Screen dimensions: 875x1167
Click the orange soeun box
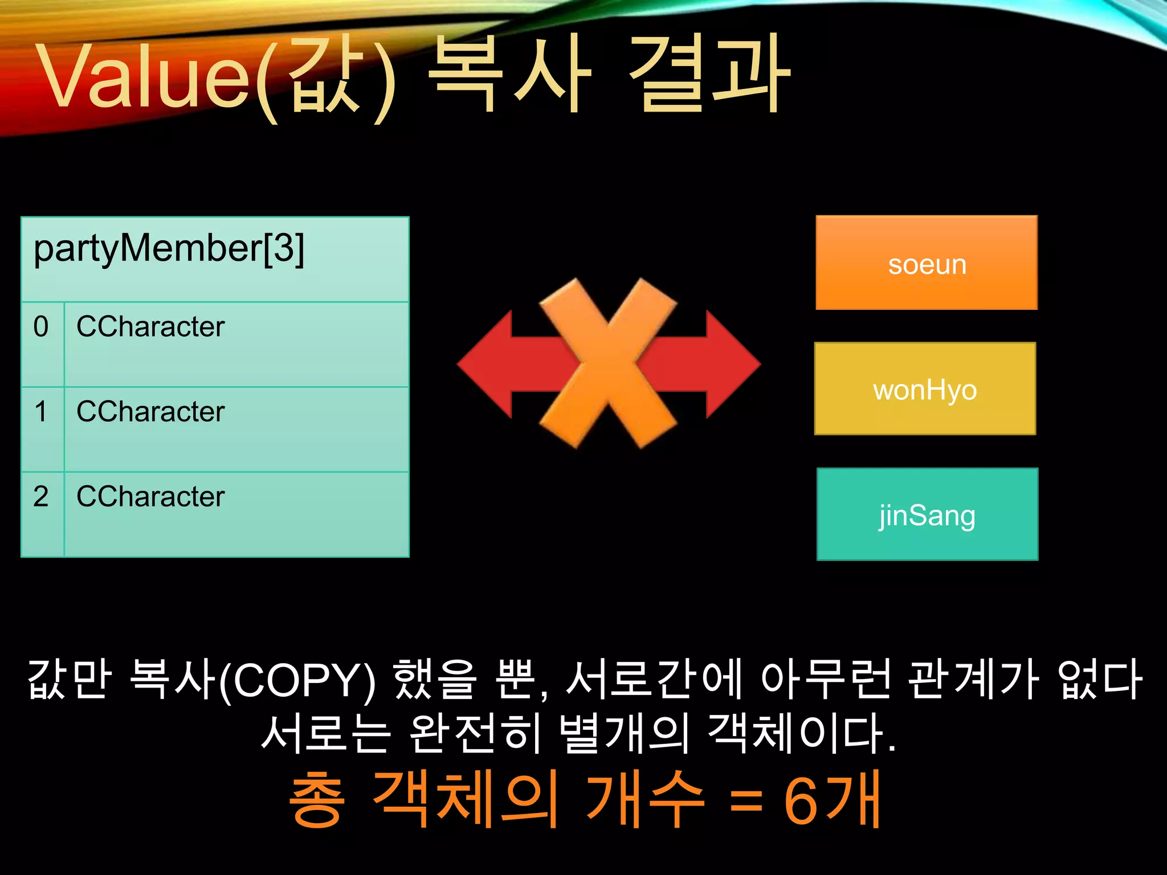click(x=927, y=263)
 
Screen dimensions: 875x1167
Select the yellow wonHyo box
click(x=925, y=389)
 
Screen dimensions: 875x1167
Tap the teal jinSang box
click(x=927, y=514)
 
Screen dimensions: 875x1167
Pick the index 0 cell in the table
click(x=42, y=344)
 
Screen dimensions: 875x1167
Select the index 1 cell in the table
click(x=42, y=430)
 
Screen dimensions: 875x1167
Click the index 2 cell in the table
click(x=42, y=514)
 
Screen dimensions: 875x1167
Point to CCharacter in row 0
click(x=151, y=327)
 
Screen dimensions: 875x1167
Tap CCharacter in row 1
click(x=151, y=412)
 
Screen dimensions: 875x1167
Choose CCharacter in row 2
click(x=151, y=497)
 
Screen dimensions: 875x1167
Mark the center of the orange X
click(x=609, y=363)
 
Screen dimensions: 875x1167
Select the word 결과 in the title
click(x=709, y=74)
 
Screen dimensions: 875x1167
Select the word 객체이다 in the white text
click(x=801, y=733)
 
